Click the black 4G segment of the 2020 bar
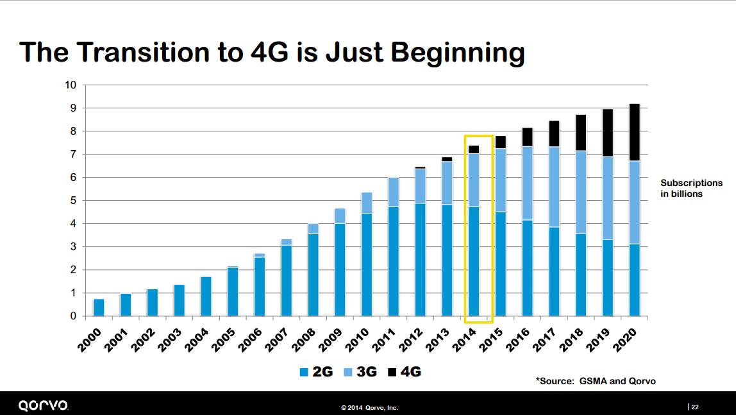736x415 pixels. pyautogui.click(x=634, y=133)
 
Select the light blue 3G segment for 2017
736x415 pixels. pyautogui.click(x=554, y=187)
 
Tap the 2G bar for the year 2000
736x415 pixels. pyautogui.click(x=99, y=307)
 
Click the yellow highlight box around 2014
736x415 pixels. pyautogui.click(x=478, y=137)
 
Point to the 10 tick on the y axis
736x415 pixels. pyautogui.click(x=71, y=85)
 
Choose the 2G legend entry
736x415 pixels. pyautogui.click(x=317, y=372)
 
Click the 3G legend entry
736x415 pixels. pyautogui.click(x=360, y=372)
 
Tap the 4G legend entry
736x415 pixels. pyautogui.click(x=405, y=372)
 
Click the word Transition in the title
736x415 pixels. pyautogui.click(x=153, y=52)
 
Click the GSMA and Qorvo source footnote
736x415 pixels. pyautogui.click(x=596, y=381)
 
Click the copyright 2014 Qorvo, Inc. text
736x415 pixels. pyautogui.click(x=370, y=407)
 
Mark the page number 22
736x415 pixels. pyautogui.click(x=694, y=406)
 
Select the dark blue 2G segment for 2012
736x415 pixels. pyautogui.click(x=420, y=260)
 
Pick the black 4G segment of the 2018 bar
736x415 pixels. pyautogui.click(x=581, y=133)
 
